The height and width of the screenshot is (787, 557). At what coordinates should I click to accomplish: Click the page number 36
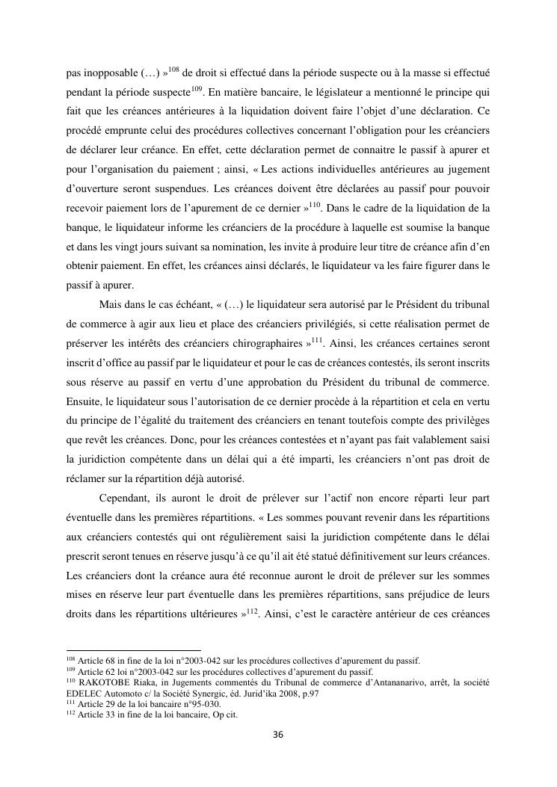click(278, 735)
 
